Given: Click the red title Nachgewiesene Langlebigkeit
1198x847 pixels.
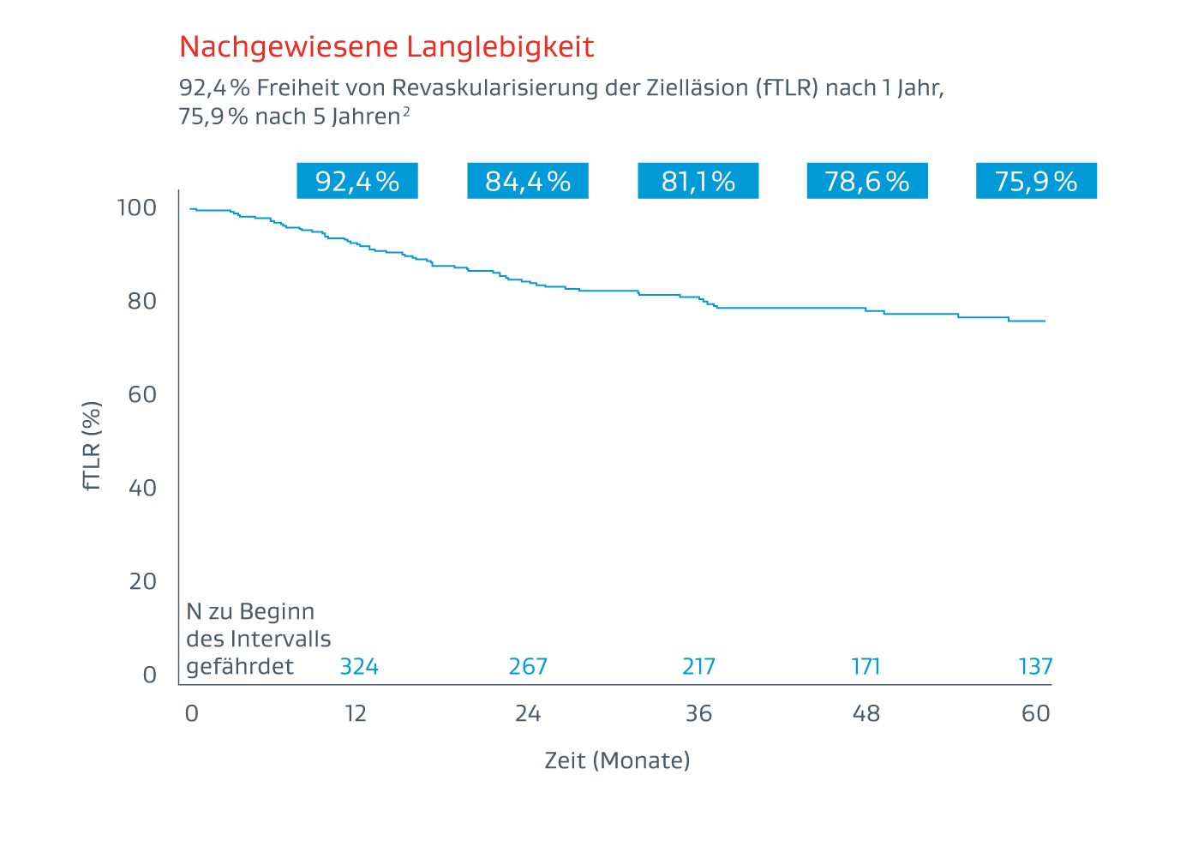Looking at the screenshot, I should pos(386,46).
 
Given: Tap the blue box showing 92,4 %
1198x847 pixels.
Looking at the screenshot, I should pos(357,181).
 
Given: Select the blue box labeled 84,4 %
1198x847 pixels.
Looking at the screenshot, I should pos(528,181).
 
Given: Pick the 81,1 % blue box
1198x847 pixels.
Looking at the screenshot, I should pos(698,181).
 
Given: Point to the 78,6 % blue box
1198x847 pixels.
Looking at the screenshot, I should pos(867,181).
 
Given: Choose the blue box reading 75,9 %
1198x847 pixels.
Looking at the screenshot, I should pos(1036,181).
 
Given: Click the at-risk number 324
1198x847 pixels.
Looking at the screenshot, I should pos(359,667).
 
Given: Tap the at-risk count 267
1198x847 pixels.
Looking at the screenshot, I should pos(528,667).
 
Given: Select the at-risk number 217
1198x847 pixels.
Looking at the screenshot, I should pos(698,667).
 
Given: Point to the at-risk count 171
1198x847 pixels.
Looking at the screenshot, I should pos(866,667).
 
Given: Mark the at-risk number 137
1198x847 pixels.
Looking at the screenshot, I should pos(1035,667).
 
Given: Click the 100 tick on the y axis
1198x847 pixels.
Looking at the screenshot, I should pos(137,208).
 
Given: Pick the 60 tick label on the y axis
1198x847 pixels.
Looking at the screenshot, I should pos(143,395).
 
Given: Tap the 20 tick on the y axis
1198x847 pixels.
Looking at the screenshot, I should pos(143,582).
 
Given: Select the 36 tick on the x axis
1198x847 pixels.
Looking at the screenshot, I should pos(698,714).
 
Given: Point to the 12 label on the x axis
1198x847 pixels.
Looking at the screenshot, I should pos(356,714).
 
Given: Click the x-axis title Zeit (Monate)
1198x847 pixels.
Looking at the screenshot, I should pos(617,760).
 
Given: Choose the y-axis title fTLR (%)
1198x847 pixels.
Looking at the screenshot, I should pos(93,446).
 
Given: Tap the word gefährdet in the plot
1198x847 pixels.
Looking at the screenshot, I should pos(240,667).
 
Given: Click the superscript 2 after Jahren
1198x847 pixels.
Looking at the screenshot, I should pos(406,111).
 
